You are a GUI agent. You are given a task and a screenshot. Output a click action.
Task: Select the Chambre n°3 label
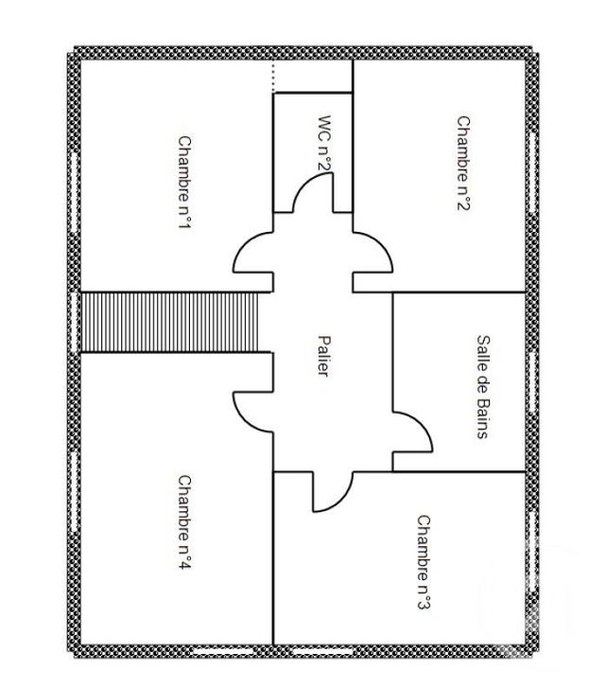click(424, 562)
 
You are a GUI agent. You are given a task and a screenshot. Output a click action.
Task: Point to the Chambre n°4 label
click(185, 521)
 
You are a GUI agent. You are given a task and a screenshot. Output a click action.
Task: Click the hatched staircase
click(170, 322)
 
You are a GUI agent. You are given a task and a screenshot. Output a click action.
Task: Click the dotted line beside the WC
click(273, 77)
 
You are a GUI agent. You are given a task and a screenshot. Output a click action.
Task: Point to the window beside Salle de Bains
click(533, 379)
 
